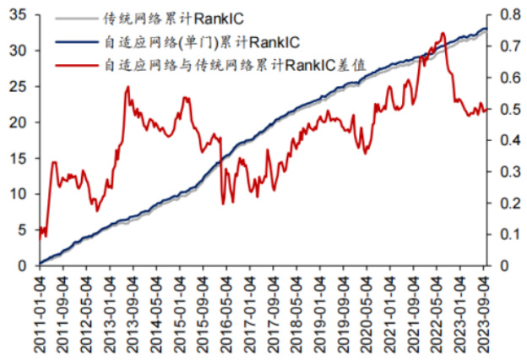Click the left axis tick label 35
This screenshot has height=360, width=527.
[19, 15]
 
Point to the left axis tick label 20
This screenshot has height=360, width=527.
[19, 123]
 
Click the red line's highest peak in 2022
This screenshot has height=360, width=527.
[443, 33]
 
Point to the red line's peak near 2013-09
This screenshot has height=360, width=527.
[128, 86]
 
